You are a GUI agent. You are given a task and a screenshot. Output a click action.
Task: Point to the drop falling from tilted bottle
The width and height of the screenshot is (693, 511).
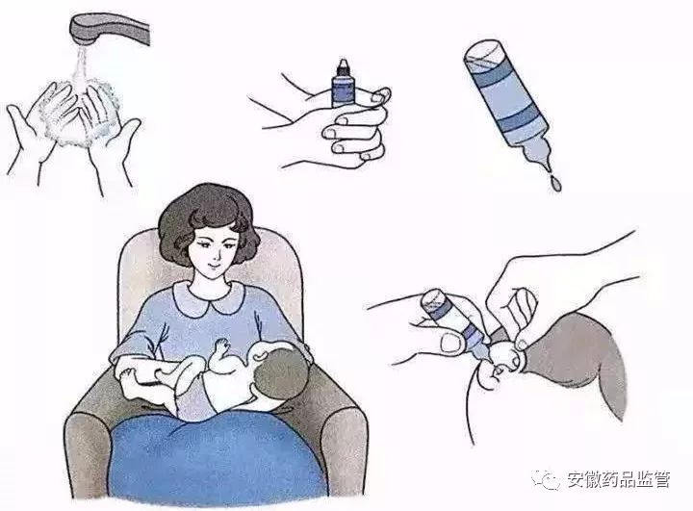pyautogui.click(x=555, y=182)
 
